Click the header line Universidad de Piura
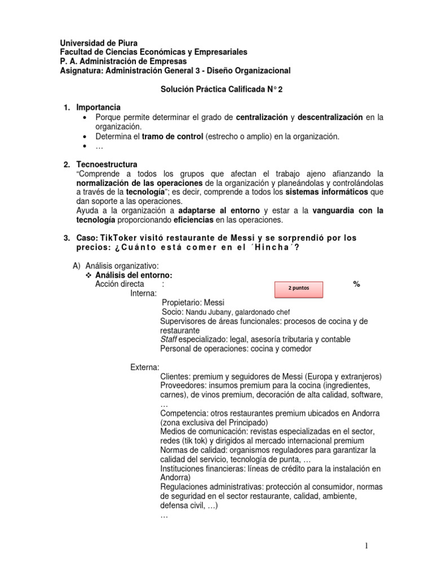pos(99,43)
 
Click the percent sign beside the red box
pos(356,284)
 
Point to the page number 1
pos(366,545)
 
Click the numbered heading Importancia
pos(99,108)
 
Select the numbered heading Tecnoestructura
pos(107,165)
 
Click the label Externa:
pos(145,367)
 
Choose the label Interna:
pos(144,293)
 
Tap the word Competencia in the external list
pos(185,413)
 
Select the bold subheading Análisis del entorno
pos(133,275)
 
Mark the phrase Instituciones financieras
pos(205,468)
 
